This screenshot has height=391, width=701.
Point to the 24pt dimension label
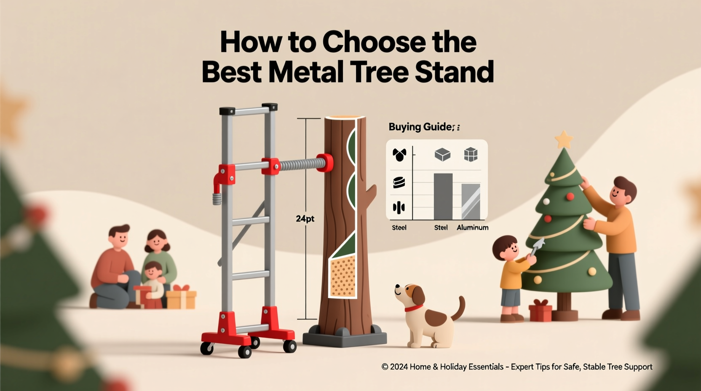[x=305, y=219]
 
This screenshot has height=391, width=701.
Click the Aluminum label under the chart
[x=473, y=228]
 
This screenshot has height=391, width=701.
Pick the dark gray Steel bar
[x=443, y=196]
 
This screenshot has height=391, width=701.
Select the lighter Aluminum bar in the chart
[x=471, y=201]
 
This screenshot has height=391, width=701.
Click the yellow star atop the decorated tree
[x=564, y=139]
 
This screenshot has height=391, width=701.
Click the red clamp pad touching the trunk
[x=325, y=163]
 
